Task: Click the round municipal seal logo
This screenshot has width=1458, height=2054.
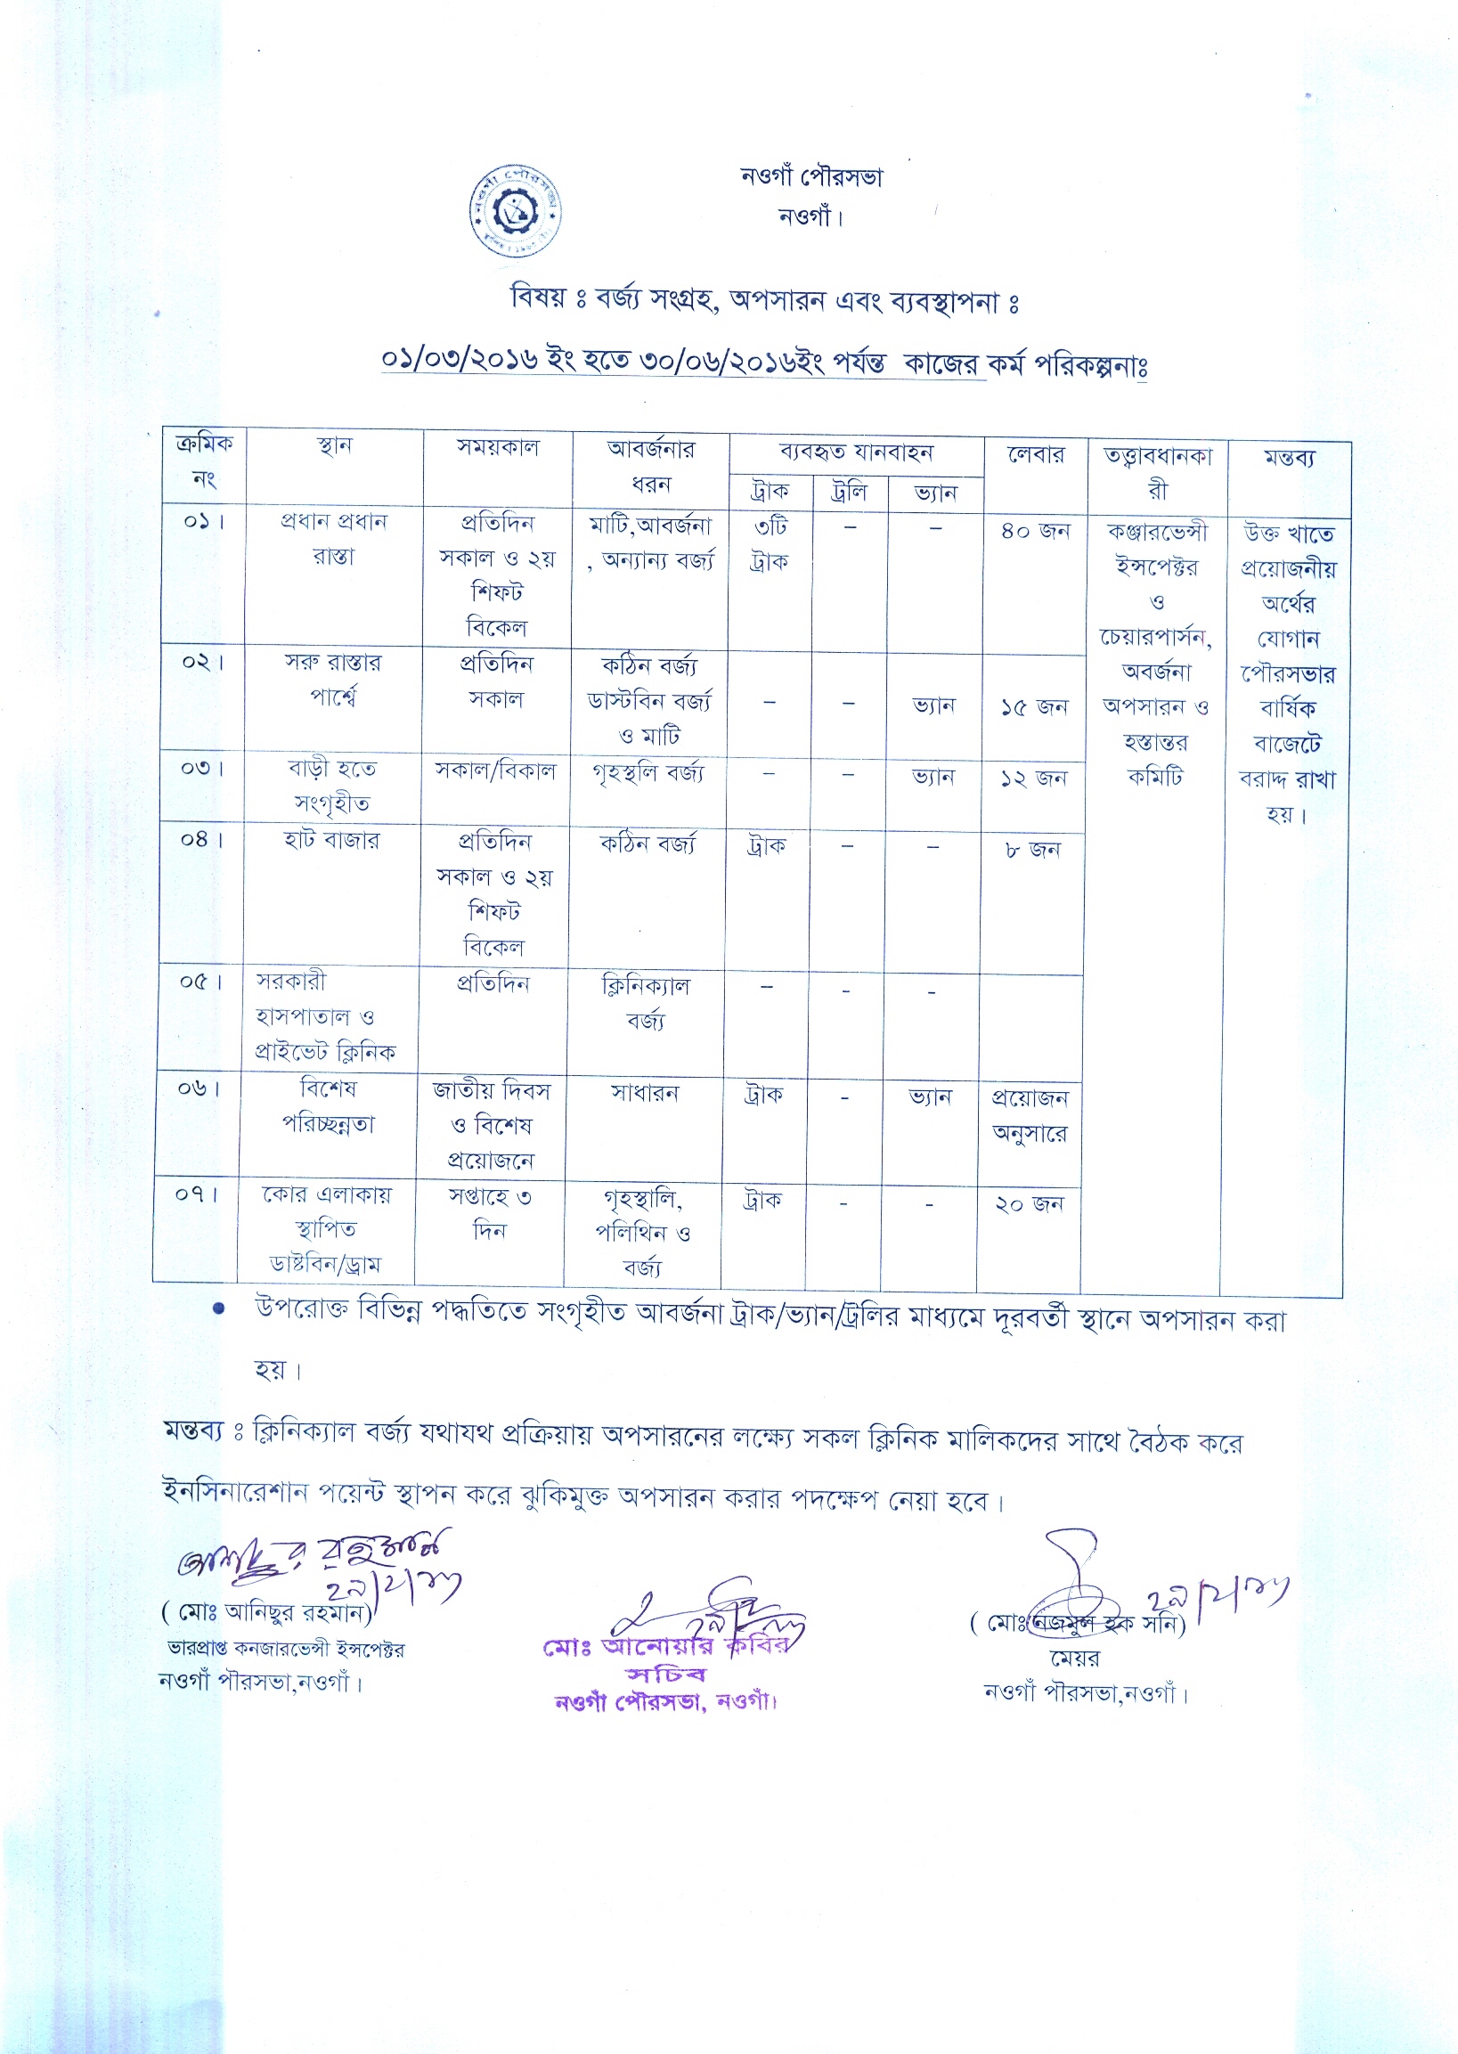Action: click(516, 212)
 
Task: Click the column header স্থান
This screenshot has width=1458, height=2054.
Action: click(334, 446)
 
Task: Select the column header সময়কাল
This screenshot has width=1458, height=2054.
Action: click(498, 447)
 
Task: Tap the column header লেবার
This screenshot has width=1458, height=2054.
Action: click(1035, 455)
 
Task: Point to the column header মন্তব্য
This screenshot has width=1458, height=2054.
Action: click(1289, 459)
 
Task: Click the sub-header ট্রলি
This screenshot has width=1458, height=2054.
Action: click(849, 492)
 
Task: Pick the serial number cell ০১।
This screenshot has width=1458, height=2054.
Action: click(203, 522)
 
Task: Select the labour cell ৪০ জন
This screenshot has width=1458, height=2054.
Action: click(1035, 532)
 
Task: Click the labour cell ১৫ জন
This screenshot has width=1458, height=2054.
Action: click(1034, 707)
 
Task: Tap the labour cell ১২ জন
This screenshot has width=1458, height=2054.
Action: click(1033, 778)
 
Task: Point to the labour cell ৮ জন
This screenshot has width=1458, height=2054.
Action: click(1032, 849)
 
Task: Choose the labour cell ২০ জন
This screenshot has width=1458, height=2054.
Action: click(1029, 1204)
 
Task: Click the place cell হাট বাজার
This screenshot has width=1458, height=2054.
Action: click(331, 840)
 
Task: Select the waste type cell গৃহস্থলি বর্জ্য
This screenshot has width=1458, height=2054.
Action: click(648, 772)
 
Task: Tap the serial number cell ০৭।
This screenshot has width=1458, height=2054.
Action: click(197, 1194)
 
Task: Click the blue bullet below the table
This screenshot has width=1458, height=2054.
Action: click(217, 1308)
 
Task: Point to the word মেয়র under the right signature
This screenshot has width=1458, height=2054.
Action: click(1075, 1659)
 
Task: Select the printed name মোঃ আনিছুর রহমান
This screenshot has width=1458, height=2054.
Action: click(273, 1612)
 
